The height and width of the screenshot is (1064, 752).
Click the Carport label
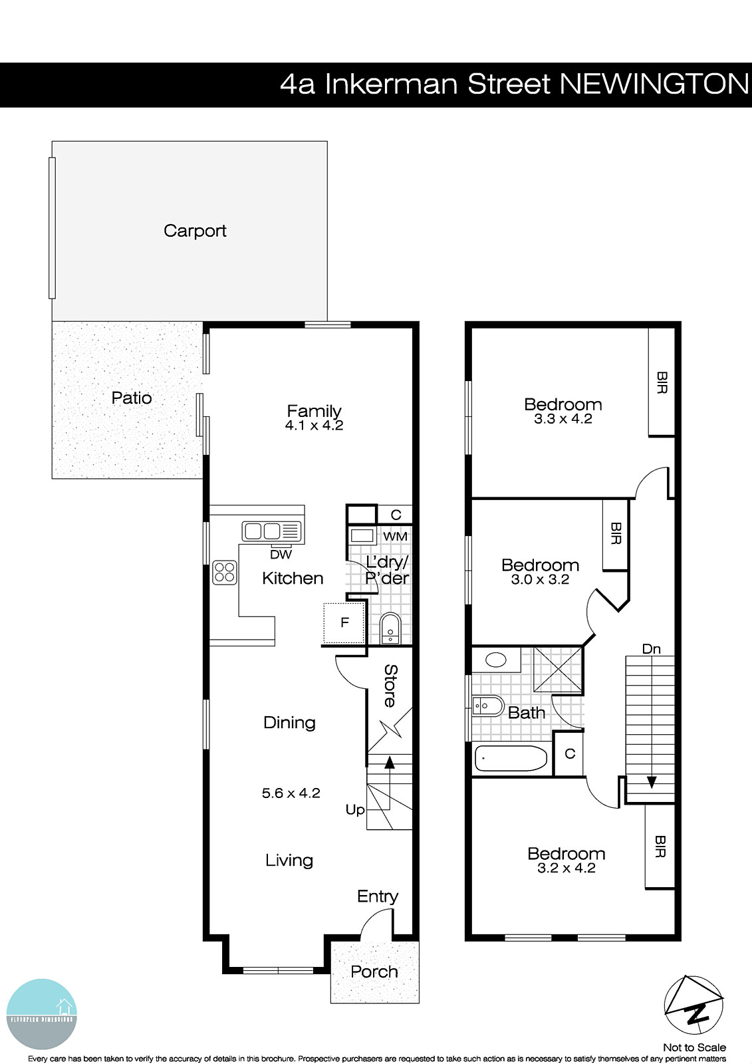click(x=195, y=231)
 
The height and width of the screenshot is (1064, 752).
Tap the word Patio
click(x=132, y=398)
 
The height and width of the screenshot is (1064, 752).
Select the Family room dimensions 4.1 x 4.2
click(x=314, y=426)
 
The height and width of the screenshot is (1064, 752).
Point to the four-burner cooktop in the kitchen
click(x=225, y=573)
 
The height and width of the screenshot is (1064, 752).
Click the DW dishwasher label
click(x=281, y=555)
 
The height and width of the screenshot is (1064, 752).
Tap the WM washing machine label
click(x=395, y=536)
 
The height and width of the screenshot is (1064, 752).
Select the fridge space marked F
click(x=344, y=623)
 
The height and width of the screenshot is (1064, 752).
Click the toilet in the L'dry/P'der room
click(x=390, y=628)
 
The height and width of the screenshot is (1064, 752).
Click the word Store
click(x=391, y=686)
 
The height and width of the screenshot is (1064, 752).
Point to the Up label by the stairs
click(x=355, y=809)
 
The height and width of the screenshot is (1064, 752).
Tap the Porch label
click(x=374, y=972)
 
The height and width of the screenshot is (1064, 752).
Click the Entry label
click(x=377, y=896)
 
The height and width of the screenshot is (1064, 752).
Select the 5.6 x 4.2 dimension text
click(x=291, y=793)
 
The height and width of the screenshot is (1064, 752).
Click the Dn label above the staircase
click(x=652, y=648)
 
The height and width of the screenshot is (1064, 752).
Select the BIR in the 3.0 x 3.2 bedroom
click(x=616, y=534)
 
